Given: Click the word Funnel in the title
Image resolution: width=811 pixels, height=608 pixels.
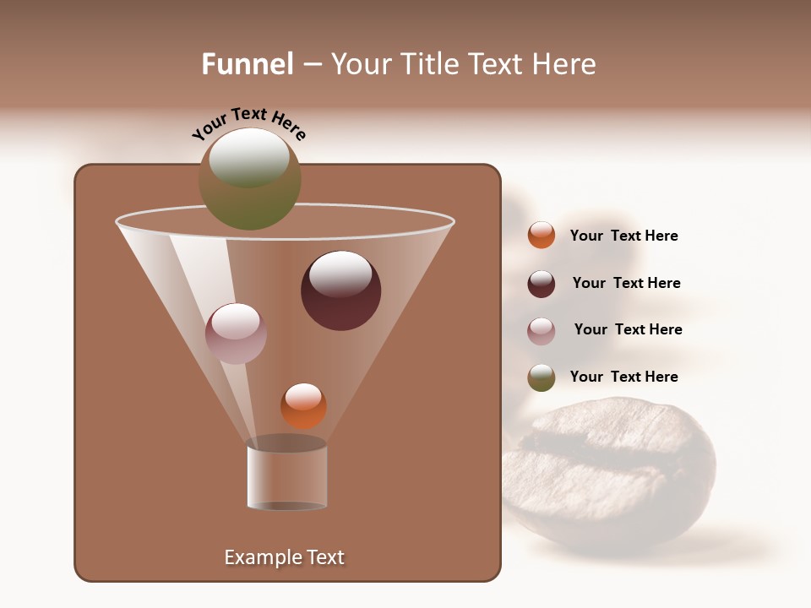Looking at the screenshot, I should click(x=247, y=64).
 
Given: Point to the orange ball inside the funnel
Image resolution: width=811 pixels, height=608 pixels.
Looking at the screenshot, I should click(x=303, y=407).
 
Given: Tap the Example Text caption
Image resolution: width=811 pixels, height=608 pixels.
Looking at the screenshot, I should click(x=284, y=557).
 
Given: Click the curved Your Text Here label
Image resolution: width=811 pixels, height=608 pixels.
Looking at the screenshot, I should click(x=248, y=123).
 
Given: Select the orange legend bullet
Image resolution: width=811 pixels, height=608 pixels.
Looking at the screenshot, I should click(x=542, y=236).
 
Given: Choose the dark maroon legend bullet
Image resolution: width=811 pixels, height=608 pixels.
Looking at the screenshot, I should click(x=542, y=284).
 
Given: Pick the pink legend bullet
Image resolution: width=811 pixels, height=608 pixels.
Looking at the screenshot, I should click(x=542, y=331).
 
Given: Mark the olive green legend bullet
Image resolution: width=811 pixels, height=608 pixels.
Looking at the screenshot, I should click(x=542, y=377).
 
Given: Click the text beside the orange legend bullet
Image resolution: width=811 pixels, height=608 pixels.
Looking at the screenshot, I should click(x=623, y=236).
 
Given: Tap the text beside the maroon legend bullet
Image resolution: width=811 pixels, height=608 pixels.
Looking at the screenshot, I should click(x=626, y=284).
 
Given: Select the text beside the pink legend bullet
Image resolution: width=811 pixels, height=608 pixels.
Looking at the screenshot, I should click(x=628, y=330).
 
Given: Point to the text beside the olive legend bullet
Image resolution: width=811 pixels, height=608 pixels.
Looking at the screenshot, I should click(x=623, y=377).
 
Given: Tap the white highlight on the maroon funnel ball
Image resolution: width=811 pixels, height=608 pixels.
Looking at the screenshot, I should click(x=340, y=274).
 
